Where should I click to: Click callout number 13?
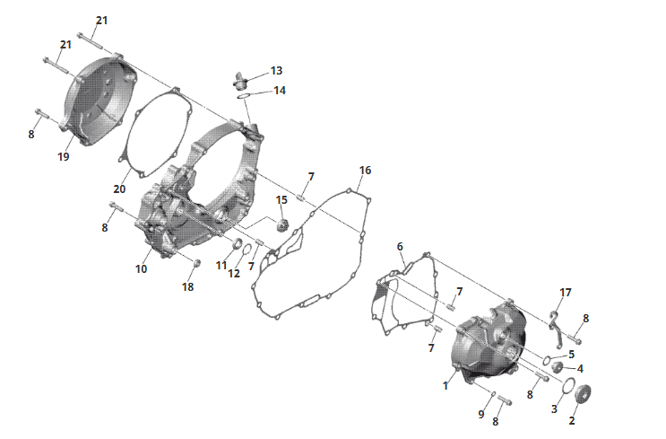[276, 71]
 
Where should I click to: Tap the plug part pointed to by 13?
[240, 82]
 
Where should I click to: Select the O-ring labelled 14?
[244, 96]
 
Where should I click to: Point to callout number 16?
[365, 171]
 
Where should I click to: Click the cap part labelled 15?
[282, 225]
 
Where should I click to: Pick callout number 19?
[64, 156]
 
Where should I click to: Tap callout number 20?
[119, 189]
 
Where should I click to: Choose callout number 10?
[141, 268]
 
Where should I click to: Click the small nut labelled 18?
[196, 263]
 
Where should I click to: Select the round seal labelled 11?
[238, 244]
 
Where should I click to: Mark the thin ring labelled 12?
[247, 248]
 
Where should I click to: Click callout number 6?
[400, 247]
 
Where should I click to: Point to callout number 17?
[566, 293]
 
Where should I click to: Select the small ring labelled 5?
[547, 360]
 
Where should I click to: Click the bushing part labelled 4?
[558, 366]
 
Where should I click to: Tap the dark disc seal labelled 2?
[583, 394]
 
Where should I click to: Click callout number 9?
[480, 414]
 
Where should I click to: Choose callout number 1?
[445, 386]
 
